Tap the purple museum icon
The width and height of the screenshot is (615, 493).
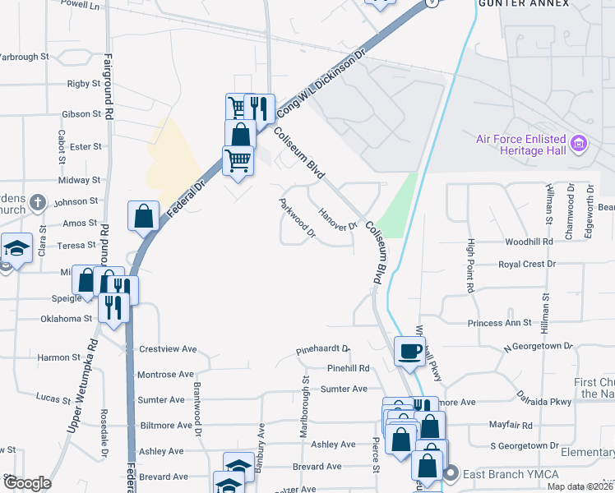tap(579, 145)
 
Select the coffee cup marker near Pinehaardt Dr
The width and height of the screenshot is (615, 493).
tap(409, 352)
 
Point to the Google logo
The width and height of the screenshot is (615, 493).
tap(28, 483)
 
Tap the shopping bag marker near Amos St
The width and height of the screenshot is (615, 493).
tap(143, 217)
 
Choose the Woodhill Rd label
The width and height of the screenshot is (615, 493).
tap(529, 242)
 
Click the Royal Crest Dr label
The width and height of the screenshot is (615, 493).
tap(527, 265)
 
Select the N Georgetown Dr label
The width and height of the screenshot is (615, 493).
tap(538, 347)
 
